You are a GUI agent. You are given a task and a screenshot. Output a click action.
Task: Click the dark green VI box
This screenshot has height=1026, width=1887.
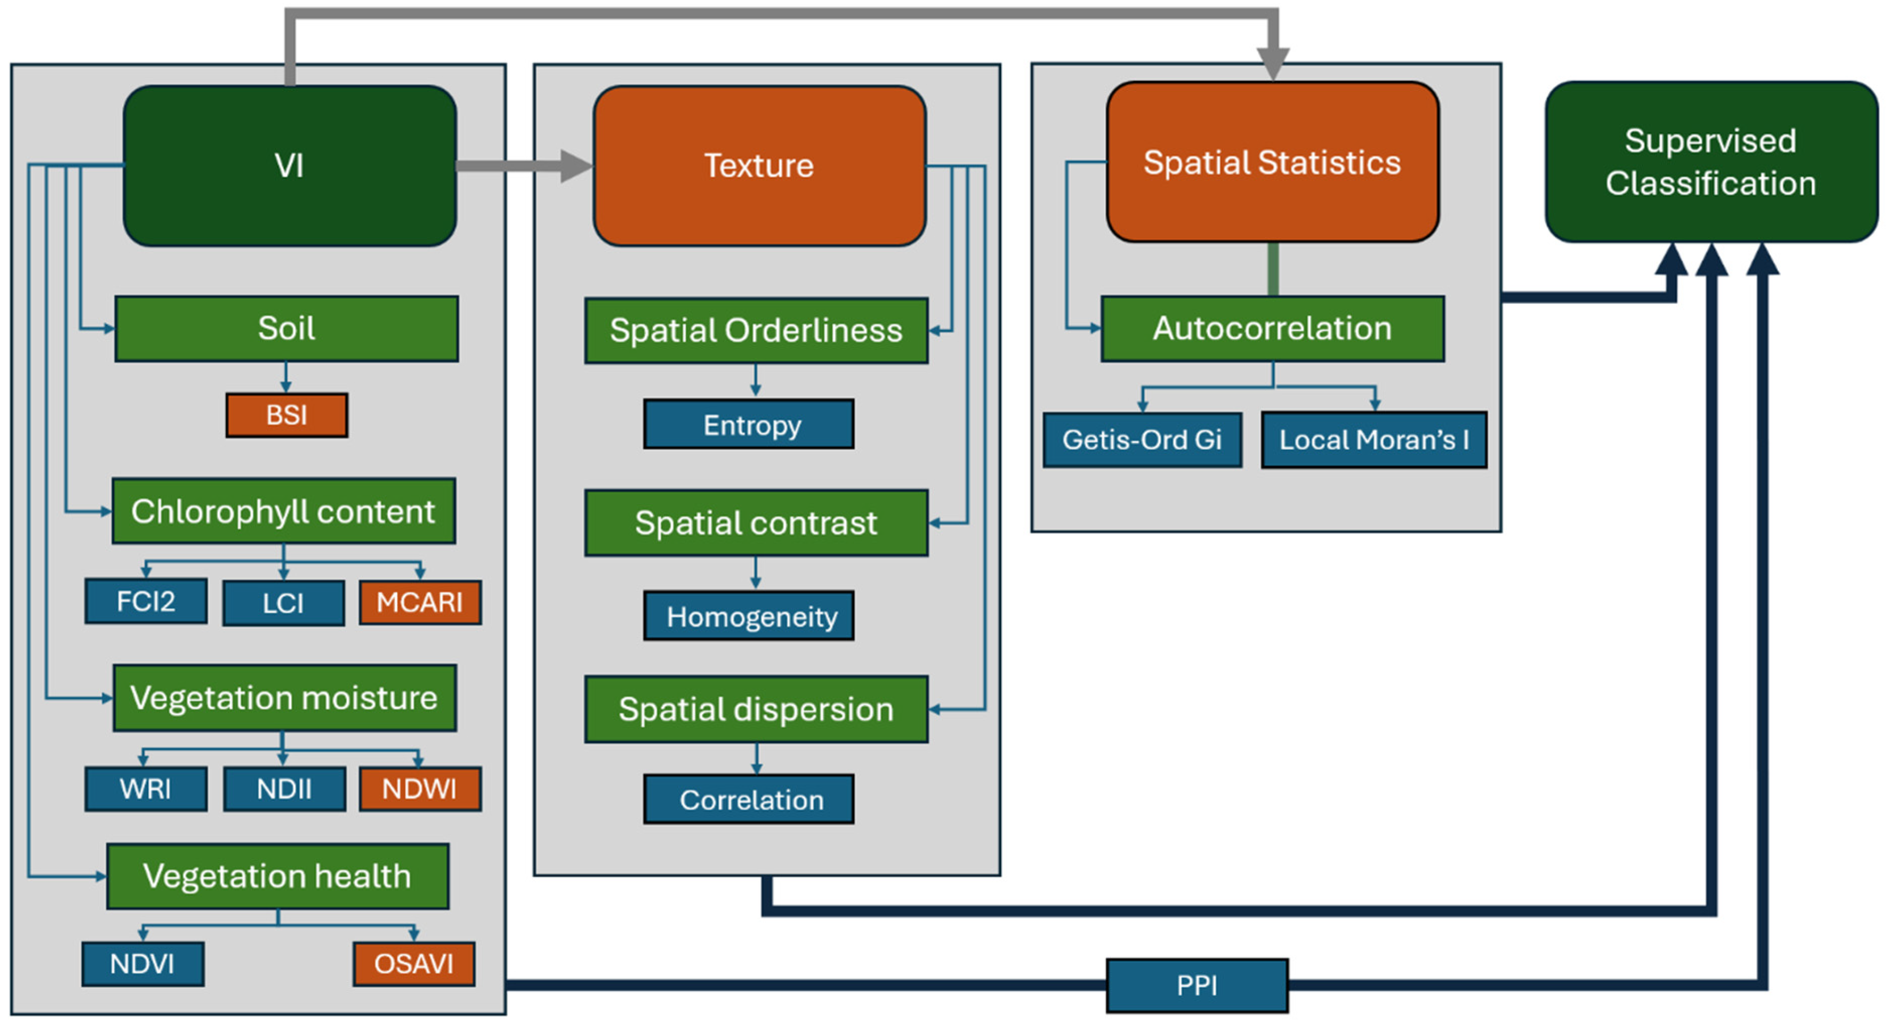point(290,165)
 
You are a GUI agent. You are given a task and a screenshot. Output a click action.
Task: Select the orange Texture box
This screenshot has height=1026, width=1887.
point(759,165)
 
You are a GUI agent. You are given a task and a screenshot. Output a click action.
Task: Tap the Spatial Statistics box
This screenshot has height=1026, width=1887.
point(1273,162)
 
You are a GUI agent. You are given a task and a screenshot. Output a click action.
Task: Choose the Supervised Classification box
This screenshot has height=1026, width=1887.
point(1711,162)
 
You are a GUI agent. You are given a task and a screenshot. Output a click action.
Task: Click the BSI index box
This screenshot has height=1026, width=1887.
point(286,416)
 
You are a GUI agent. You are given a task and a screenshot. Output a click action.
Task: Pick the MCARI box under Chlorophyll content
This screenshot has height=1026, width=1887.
point(420,602)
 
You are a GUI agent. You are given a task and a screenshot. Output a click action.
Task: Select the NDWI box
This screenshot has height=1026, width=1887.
point(420,789)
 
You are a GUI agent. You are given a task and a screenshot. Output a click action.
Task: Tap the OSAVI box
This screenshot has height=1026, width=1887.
point(414,964)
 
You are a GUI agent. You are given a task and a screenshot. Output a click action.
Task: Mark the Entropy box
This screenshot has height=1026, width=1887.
point(749,424)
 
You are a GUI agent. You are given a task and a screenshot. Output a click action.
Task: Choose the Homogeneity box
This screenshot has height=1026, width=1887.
point(749,616)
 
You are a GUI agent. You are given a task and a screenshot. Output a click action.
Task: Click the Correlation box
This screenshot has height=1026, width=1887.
point(749,799)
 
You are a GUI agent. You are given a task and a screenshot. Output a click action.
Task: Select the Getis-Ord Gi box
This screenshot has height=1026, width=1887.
point(1143,440)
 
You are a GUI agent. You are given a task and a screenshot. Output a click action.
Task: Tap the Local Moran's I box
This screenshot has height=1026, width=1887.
point(1374,440)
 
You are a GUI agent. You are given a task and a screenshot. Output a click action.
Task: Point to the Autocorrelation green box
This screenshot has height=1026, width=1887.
point(1273,328)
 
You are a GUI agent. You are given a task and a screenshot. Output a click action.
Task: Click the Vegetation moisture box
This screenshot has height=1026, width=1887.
point(285,698)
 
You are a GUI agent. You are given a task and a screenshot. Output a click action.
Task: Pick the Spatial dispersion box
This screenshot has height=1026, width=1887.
point(756,710)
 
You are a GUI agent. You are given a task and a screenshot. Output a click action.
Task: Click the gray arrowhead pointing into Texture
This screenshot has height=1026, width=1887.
point(576,165)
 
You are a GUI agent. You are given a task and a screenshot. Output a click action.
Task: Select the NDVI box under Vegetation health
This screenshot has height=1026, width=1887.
point(143,964)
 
